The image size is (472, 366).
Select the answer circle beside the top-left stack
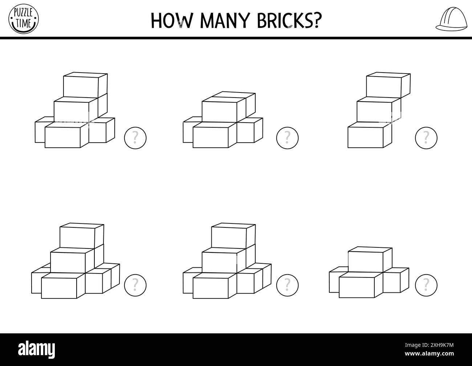coord(135,138)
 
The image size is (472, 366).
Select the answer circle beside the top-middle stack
coord(287,138)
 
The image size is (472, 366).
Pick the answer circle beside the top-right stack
coord(426,138)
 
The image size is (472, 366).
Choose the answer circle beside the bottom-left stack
coord(135,285)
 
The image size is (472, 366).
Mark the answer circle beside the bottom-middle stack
coord(287,285)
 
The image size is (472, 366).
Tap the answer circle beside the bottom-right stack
coord(426,285)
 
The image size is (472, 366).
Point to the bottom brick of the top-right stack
coord(366,137)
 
